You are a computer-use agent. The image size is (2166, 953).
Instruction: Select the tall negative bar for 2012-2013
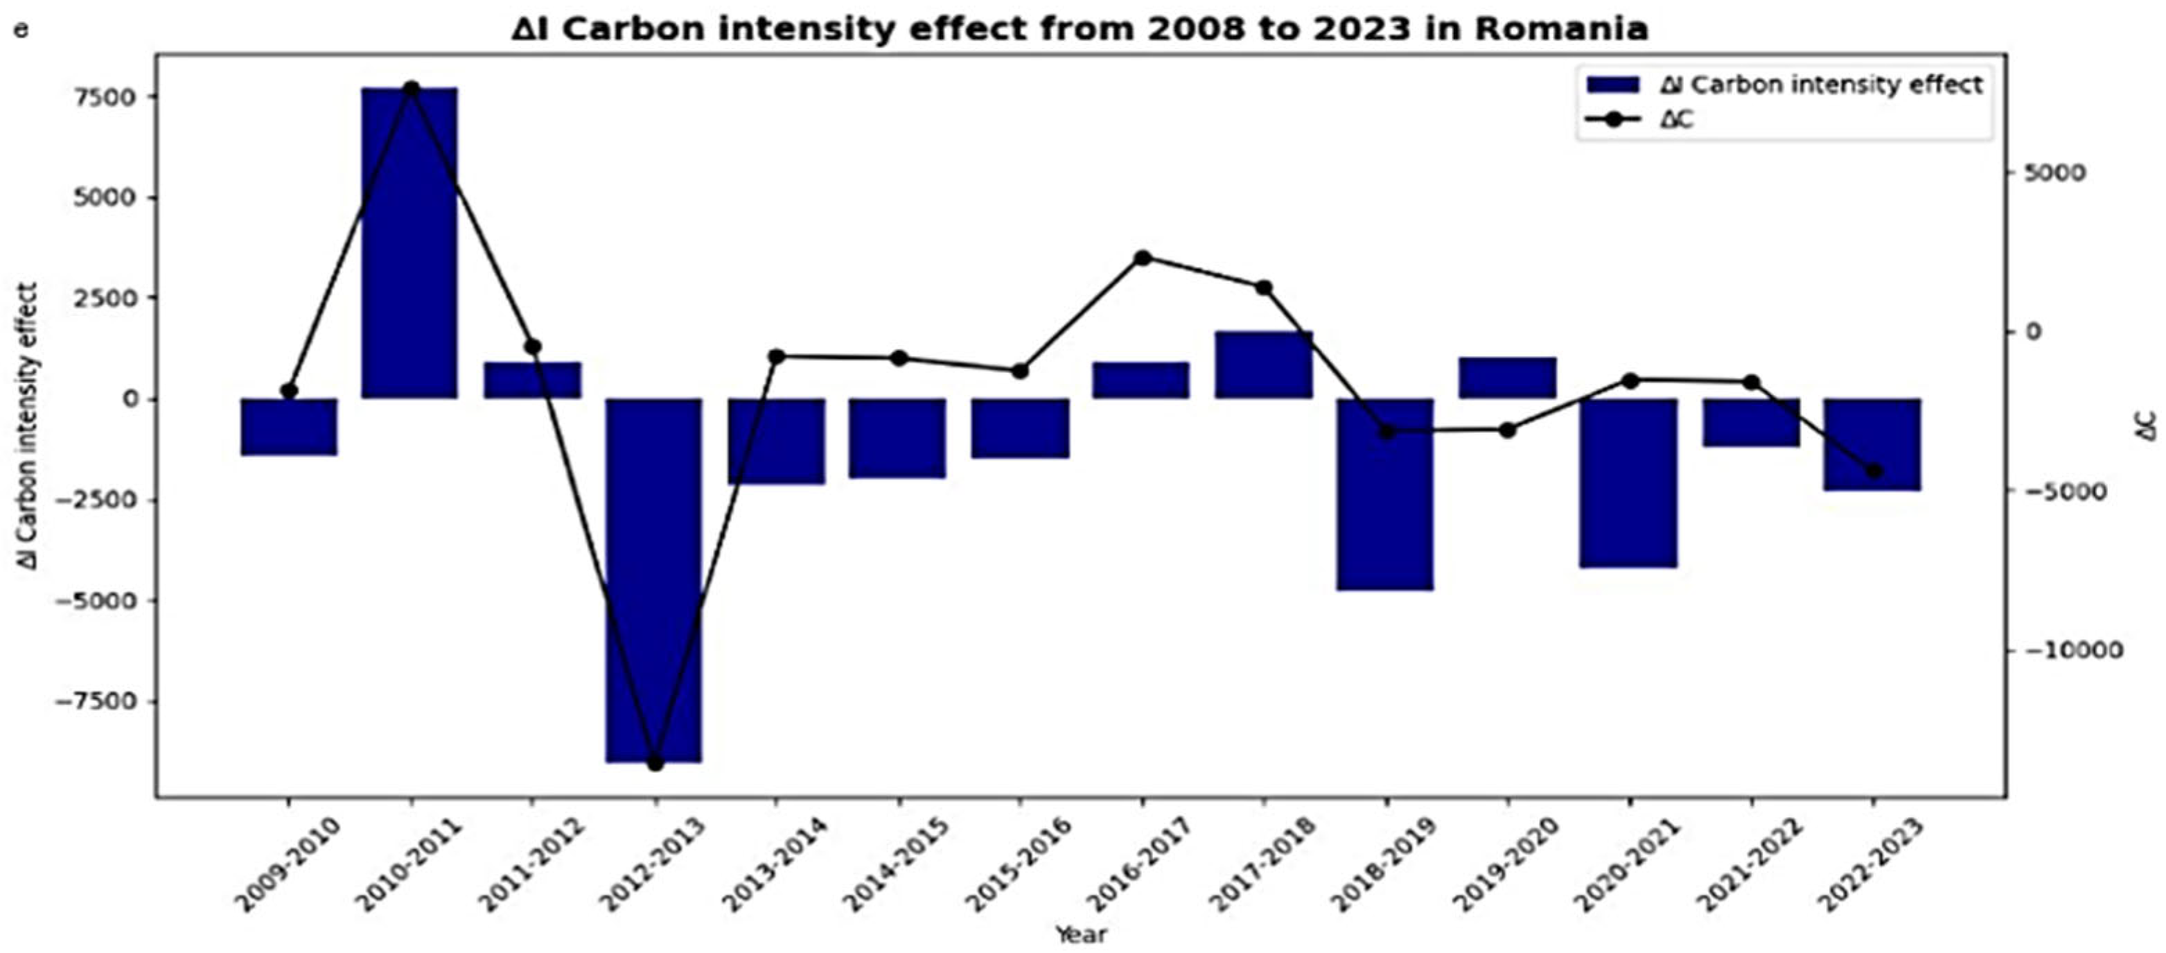[654, 580]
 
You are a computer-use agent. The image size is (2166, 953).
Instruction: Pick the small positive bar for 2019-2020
[1508, 378]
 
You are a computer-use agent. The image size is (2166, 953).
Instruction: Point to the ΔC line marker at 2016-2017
[1142, 259]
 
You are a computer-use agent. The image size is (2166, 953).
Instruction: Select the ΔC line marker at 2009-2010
[289, 391]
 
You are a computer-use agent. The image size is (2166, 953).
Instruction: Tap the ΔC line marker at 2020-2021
[1630, 381]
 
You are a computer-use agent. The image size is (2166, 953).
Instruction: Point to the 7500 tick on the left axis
[106, 98]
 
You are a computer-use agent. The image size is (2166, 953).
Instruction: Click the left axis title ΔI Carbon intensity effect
[28, 425]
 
